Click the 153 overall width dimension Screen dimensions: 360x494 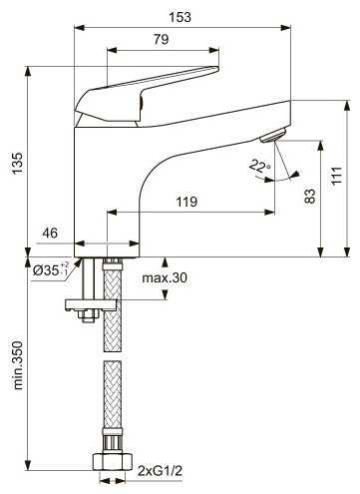coord(180,17)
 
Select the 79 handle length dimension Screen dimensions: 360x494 coord(162,39)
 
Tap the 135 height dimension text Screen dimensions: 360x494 coord(17,163)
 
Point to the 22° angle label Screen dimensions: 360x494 coord(260,166)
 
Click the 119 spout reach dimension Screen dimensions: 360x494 coord(186,202)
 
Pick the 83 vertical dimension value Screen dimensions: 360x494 coord(310,197)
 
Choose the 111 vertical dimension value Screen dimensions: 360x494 coord(336,176)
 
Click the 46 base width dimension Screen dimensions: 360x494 coord(50,233)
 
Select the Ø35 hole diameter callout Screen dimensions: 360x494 coord(51,269)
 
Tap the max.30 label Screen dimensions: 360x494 coord(165,277)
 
